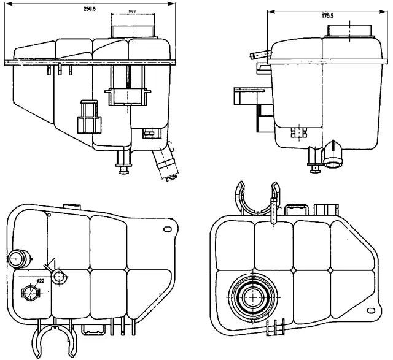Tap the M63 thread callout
click(x=133, y=12)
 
